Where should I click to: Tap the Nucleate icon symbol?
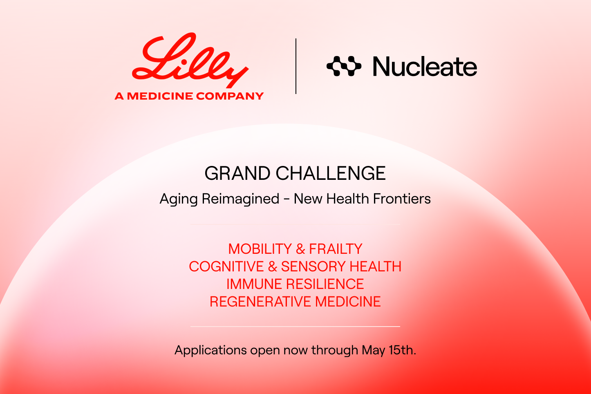click(344, 66)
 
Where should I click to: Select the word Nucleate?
click(425, 67)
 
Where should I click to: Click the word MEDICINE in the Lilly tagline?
click(160, 96)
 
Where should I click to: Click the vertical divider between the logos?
click(296, 66)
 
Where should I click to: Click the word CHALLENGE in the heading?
click(331, 173)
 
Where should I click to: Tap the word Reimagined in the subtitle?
click(240, 199)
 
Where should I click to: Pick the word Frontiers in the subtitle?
click(402, 199)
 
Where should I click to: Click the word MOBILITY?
click(260, 249)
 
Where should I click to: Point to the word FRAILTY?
click(336, 249)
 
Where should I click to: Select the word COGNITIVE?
click(226, 266)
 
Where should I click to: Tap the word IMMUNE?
click(254, 284)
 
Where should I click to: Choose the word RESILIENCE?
click(325, 284)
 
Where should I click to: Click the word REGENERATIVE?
click(260, 302)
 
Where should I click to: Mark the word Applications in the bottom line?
click(210, 350)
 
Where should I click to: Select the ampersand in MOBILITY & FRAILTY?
click(300, 249)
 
